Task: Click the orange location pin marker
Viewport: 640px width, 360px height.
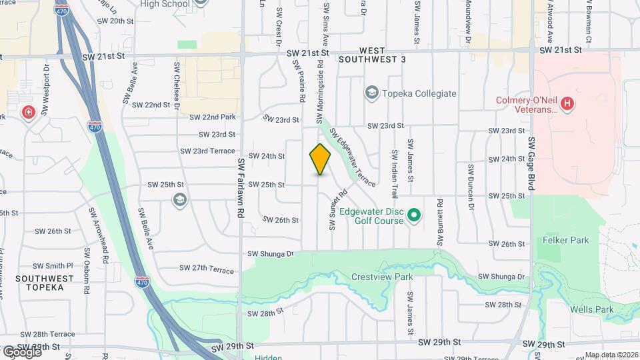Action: (x=320, y=159)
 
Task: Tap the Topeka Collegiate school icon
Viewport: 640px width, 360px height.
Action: (x=372, y=93)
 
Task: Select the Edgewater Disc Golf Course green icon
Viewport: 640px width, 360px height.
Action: (x=413, y=215)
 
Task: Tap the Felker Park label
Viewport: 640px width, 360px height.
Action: (x=561, y=239)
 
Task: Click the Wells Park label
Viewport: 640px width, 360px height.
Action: (x=591, y=309)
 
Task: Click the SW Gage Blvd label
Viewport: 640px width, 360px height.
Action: (x=532, y=164)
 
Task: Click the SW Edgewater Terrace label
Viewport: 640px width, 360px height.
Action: (x=352, y=157)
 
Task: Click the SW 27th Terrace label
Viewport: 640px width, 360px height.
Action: (x=207, y=270)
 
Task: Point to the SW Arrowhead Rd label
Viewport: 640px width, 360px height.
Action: (x=92, y=226)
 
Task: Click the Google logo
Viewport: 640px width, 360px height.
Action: (x=22, y=351)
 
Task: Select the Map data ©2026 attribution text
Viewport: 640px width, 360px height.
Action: (x=611, y=355)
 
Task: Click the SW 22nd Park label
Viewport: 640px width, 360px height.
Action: (x=213, y=117)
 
